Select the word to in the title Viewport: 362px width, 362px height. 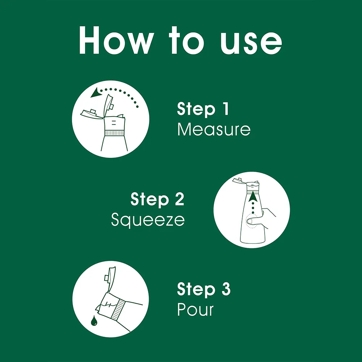tap(187, 41)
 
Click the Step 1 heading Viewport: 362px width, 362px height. tap(203, 109)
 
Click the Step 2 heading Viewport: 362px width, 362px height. tap(157, 199)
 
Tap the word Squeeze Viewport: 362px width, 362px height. tap(148, 220)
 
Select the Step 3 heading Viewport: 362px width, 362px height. tap(203, 289)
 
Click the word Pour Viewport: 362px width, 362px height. tap(195, 309)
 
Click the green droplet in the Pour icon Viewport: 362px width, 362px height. tap(94, 320)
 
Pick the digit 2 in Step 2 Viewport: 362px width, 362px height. tap(180, 199)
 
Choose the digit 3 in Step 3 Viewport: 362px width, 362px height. tap(226, 289)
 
